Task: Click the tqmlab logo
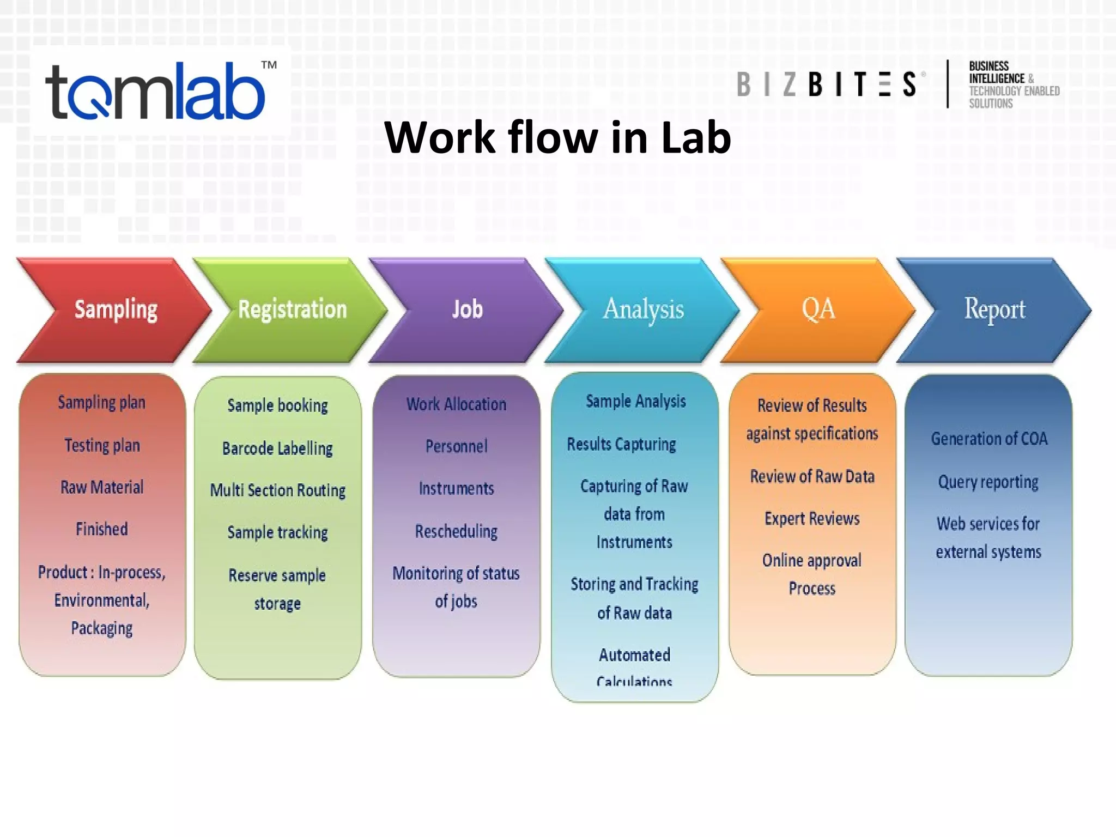tap(155, 92)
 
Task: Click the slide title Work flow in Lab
tap(557, 137)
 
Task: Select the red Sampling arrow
tap(116, 310)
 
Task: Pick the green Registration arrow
tap(292, 310)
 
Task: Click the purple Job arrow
tap(467, 310)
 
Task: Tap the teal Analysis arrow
tap(643, 310)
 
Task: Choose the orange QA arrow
tap(818, 310)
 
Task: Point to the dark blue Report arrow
tap(994, 310)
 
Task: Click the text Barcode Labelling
tap(277, 448)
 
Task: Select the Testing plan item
tap(102, 445)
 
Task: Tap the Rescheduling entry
tap(456, 531)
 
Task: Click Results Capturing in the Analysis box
tap(621, 444)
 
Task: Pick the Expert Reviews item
tap(812, 518)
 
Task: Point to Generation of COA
tap(988, 439)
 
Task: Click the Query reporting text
tap(988, 482)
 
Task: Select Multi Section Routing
tap(277, 490)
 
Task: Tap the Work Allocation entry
tap(456, 404)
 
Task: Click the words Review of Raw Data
tap(812, 477)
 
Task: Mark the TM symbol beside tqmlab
tap(269, 65)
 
